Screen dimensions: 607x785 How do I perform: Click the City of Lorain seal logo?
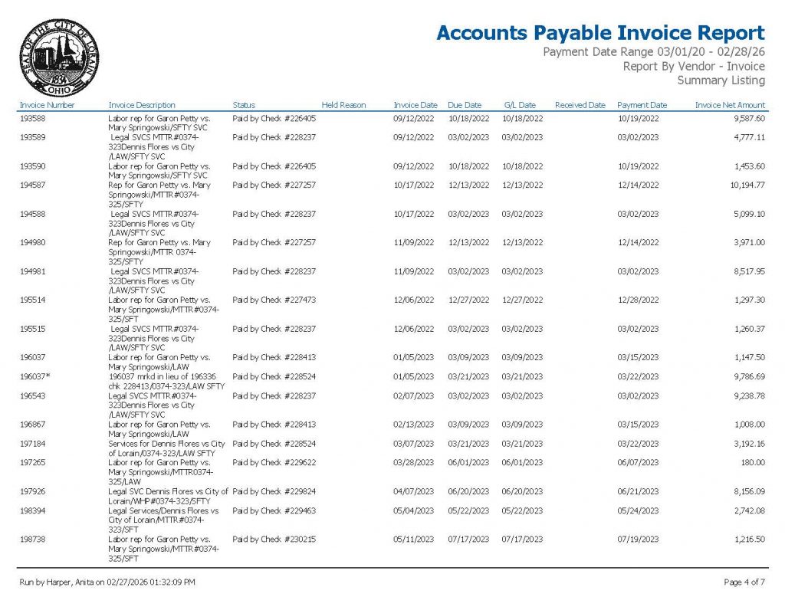(59, 57)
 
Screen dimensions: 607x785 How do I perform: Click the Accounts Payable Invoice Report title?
(600, 33)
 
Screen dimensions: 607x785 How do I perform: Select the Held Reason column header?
(343, 105)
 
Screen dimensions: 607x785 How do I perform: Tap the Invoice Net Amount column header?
(730, 105)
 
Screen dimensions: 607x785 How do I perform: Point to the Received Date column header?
(580, 105)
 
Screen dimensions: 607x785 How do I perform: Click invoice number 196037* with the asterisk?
(36, 376)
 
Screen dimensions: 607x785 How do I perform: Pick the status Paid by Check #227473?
(274, 300)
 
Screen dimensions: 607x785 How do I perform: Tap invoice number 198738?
(33, 539)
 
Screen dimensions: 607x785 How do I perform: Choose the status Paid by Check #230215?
(274, 539)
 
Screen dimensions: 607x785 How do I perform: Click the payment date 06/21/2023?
(638, 491)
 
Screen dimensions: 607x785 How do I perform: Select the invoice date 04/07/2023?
(414, 491)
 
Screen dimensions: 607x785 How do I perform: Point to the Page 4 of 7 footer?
(744, 582)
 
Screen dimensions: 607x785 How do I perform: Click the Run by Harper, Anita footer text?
(107, 582)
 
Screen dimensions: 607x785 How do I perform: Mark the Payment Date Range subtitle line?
(653, 52)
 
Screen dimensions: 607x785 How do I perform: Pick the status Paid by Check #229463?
(274, 510)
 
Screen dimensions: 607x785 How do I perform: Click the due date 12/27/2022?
(468, 300)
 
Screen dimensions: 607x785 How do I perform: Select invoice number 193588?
(33, 119)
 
